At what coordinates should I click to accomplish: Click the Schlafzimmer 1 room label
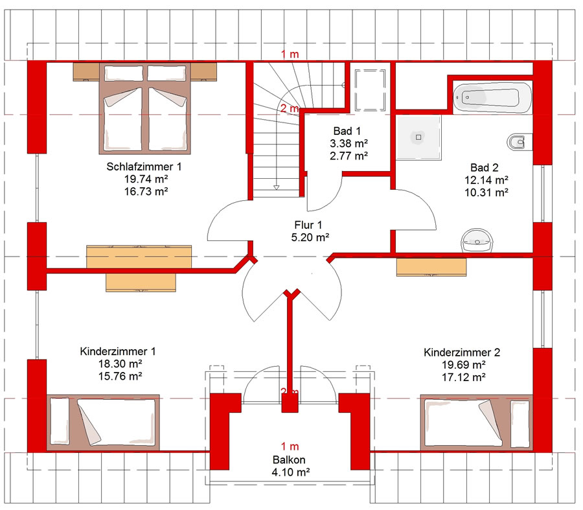tap(144, 167)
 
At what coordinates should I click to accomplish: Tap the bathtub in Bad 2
tap(492, 97)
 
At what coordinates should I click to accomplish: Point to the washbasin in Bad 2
tap(478, 240)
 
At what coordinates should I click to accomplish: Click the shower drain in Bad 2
tap(418, 137)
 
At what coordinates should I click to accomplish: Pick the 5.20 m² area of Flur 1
tap(310, 237)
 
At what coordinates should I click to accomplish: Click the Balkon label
tap(289, 460)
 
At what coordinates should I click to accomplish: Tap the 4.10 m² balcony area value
tap(291, 472)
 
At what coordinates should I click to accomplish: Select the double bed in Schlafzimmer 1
tap(144, 108)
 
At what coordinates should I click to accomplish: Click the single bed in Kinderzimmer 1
tap(103, 423)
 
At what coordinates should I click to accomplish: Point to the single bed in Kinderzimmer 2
tap(476, 423)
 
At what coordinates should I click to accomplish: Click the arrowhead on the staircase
tap(276, 187)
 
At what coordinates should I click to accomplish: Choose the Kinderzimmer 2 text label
tap(462, 353)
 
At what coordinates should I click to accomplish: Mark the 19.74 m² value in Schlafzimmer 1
tap(146, 179)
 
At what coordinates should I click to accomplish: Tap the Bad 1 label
tap(347, 131)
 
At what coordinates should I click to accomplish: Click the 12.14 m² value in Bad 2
tap(486, 180)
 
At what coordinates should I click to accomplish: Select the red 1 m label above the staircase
tap(290, 54)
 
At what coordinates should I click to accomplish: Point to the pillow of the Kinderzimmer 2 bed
tap(520, 424)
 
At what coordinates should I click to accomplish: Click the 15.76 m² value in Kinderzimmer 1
tap(120, 376)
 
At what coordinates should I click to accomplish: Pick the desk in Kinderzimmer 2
tap(431, 268)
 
